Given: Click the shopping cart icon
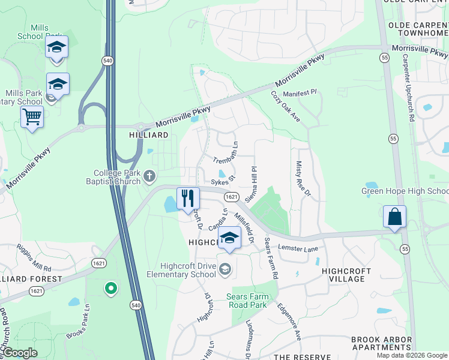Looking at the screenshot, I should click(32, 117).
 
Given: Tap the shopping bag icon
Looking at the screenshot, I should click(394, 217).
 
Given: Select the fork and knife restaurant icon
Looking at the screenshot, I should click(188, 198).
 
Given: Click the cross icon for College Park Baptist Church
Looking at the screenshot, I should click(149, 176).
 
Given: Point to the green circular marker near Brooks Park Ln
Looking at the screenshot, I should click(110, 289).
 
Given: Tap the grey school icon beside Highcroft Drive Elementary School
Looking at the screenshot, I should click(225, 268).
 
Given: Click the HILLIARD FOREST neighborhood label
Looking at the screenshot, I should click(30, 279).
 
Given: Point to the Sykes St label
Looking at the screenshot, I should click(222, 179).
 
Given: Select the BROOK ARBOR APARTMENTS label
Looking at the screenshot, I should click(381, 343).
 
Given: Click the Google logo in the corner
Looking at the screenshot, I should click(19, 353).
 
